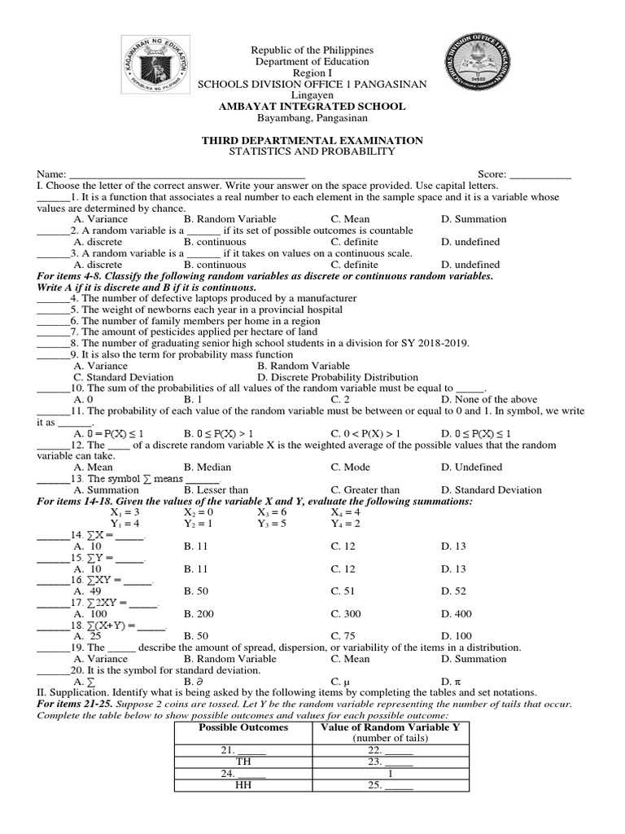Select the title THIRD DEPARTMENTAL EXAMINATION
pos(312,140)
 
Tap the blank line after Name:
pos(187,175)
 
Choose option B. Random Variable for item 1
pos(229,219)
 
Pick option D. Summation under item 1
pos(474,219)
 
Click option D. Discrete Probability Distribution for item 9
pos(337,377)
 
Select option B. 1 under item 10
pos(193,400)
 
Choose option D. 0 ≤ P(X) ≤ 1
pos(476,433)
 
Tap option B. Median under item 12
pos(207,467)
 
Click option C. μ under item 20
pos(339,681)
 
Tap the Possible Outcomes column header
pos(243,727)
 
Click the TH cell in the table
pos(243,762)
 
